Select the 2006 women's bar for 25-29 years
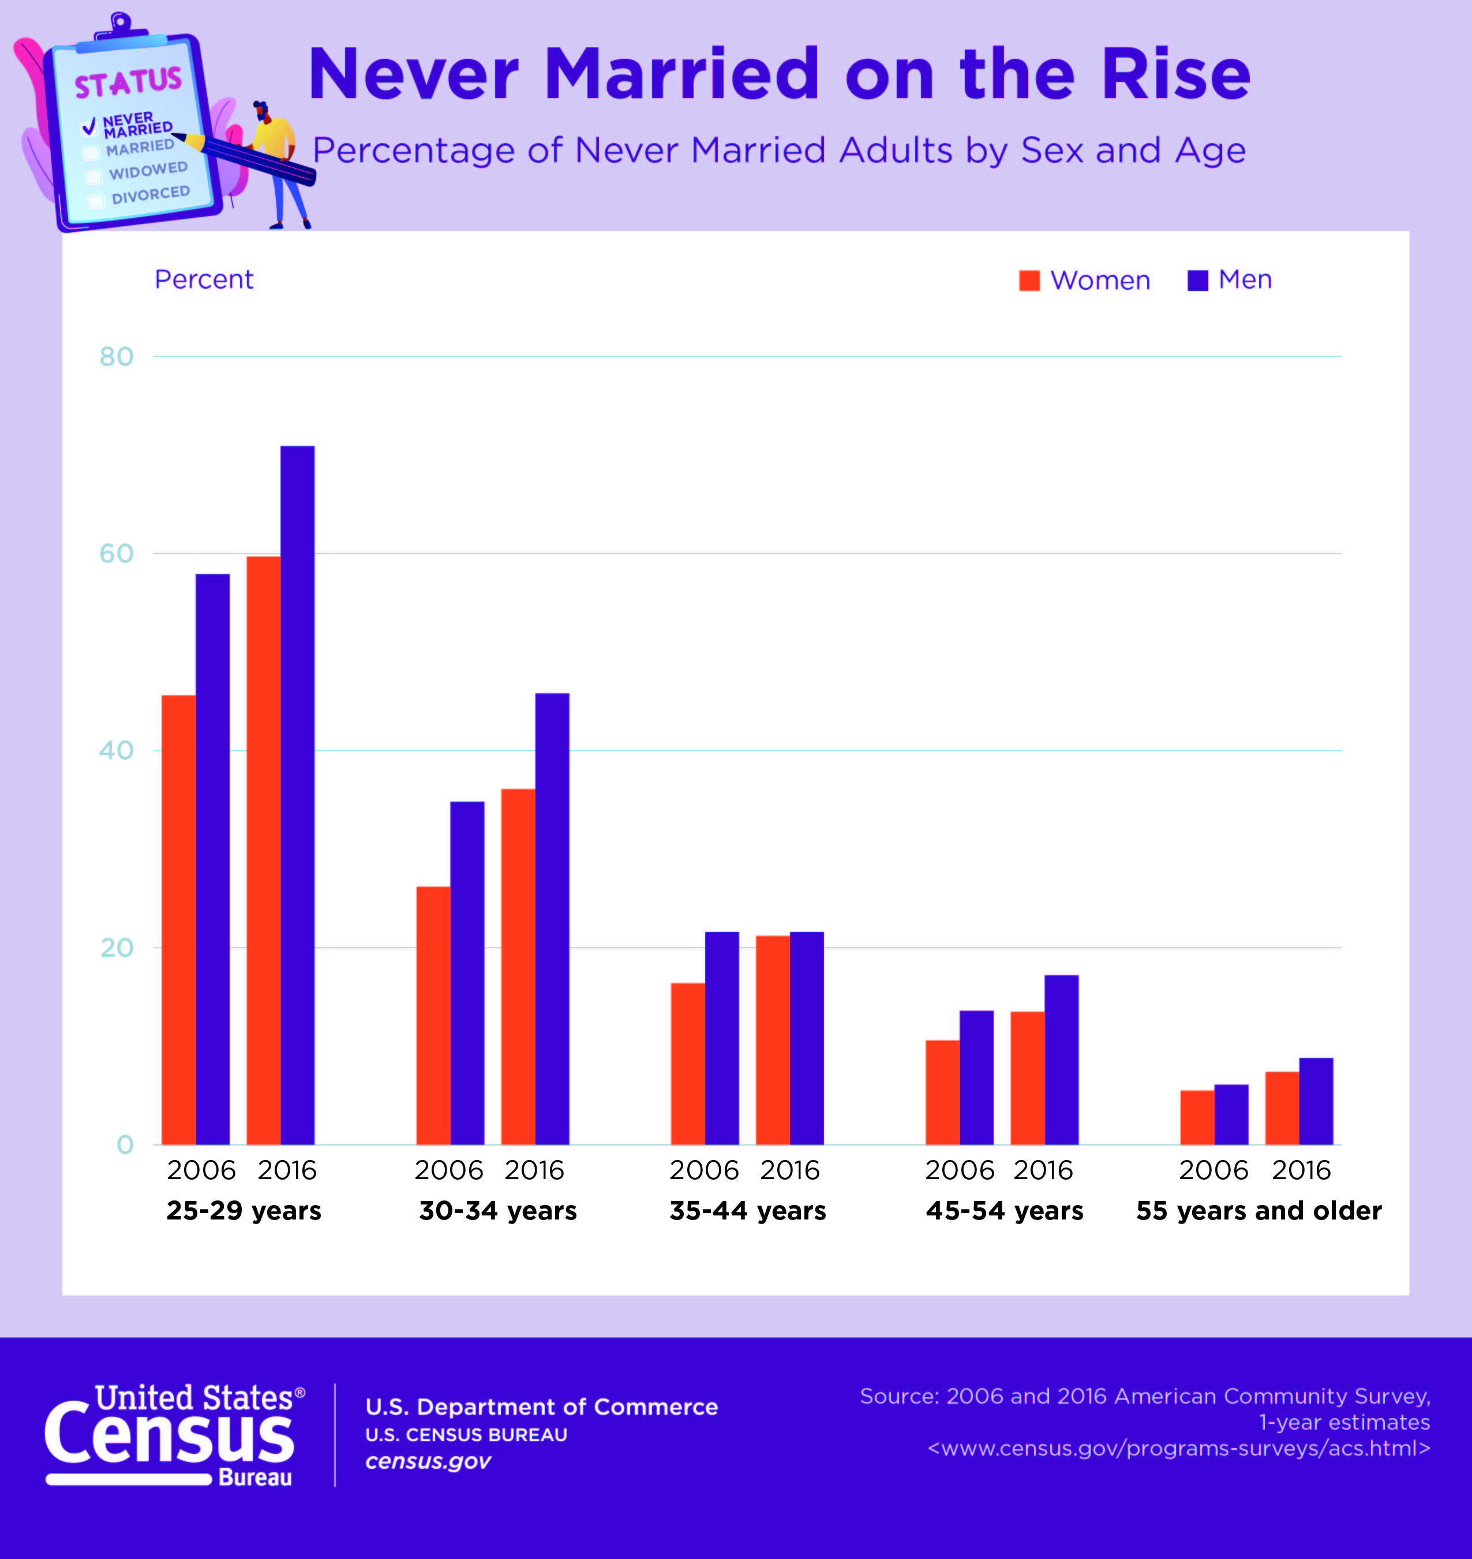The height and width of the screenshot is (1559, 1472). (178, 919)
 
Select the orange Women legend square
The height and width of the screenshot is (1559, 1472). (1029, 280)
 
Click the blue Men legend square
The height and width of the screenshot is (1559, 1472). (1197, 280)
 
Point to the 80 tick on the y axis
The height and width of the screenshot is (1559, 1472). (116, 357)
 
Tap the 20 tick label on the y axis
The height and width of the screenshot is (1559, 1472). (116, 948)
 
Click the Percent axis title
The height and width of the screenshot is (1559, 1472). (204, 279)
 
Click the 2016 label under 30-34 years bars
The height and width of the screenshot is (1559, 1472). (534, 1170)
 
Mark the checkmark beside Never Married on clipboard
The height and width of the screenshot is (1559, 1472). (89, 126)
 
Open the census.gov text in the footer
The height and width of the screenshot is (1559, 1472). (428, 1461)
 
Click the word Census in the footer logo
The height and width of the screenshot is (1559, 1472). (168, 1437)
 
